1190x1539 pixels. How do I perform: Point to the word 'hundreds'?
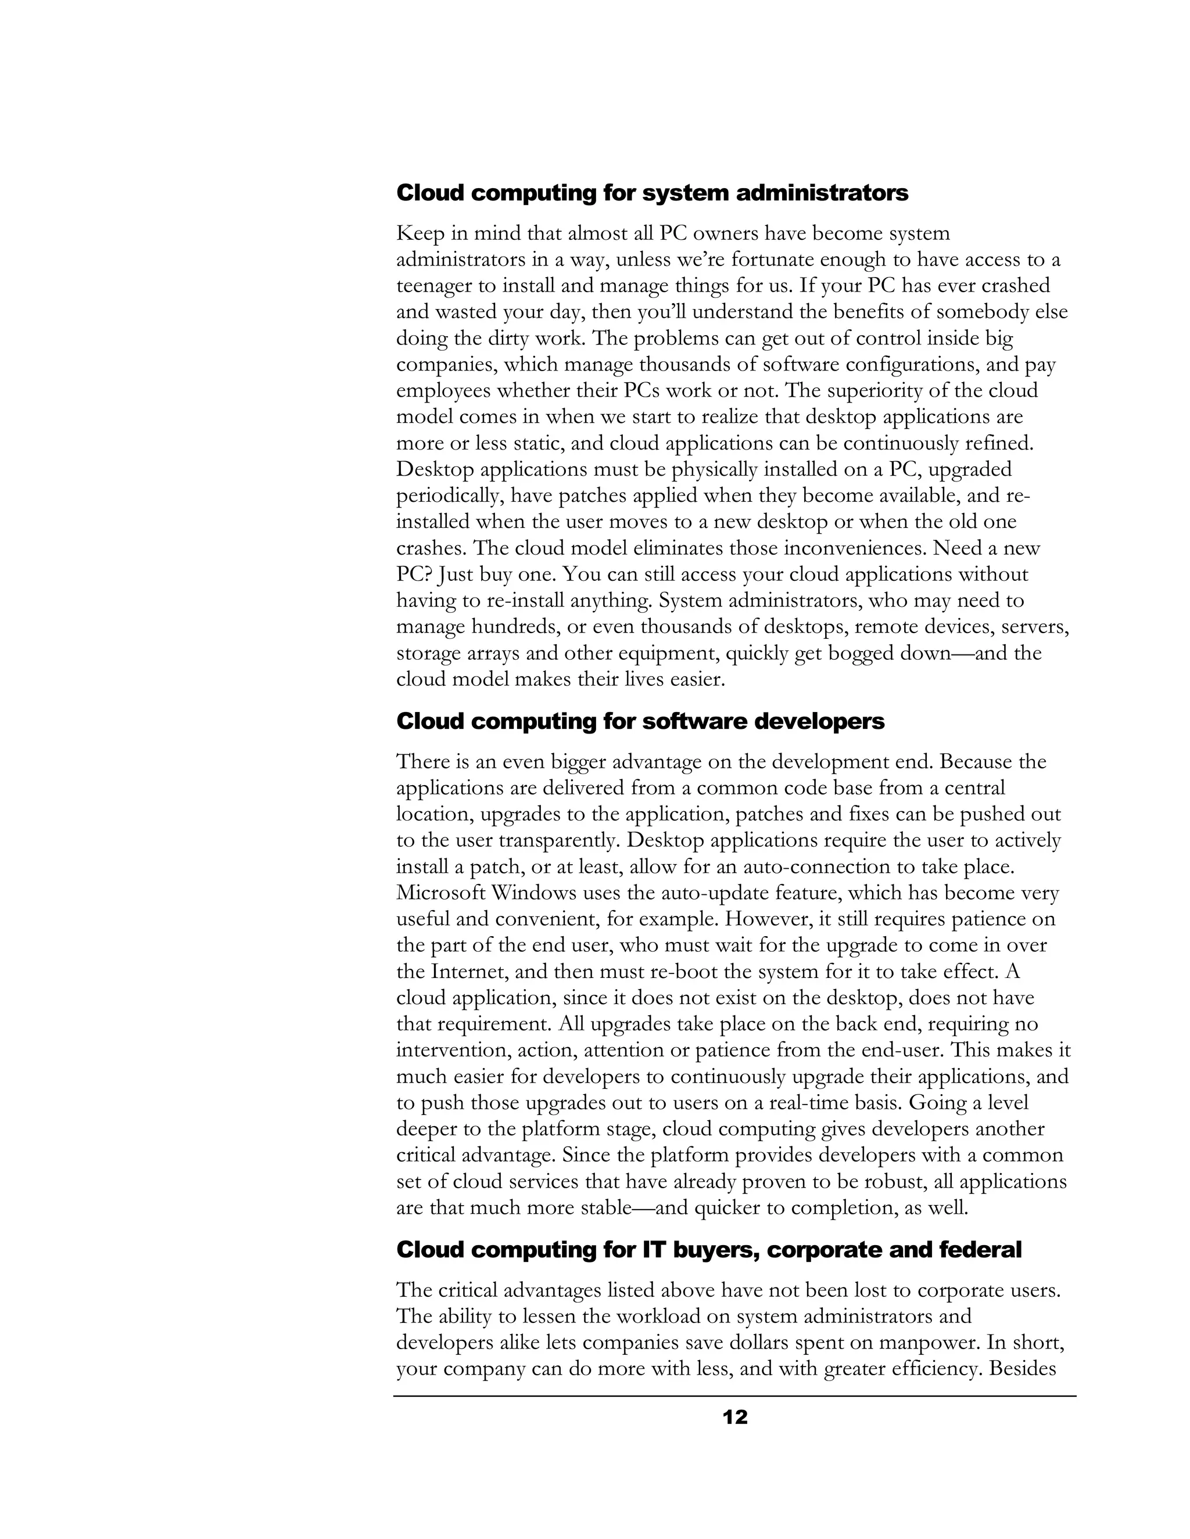coord(515,627)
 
